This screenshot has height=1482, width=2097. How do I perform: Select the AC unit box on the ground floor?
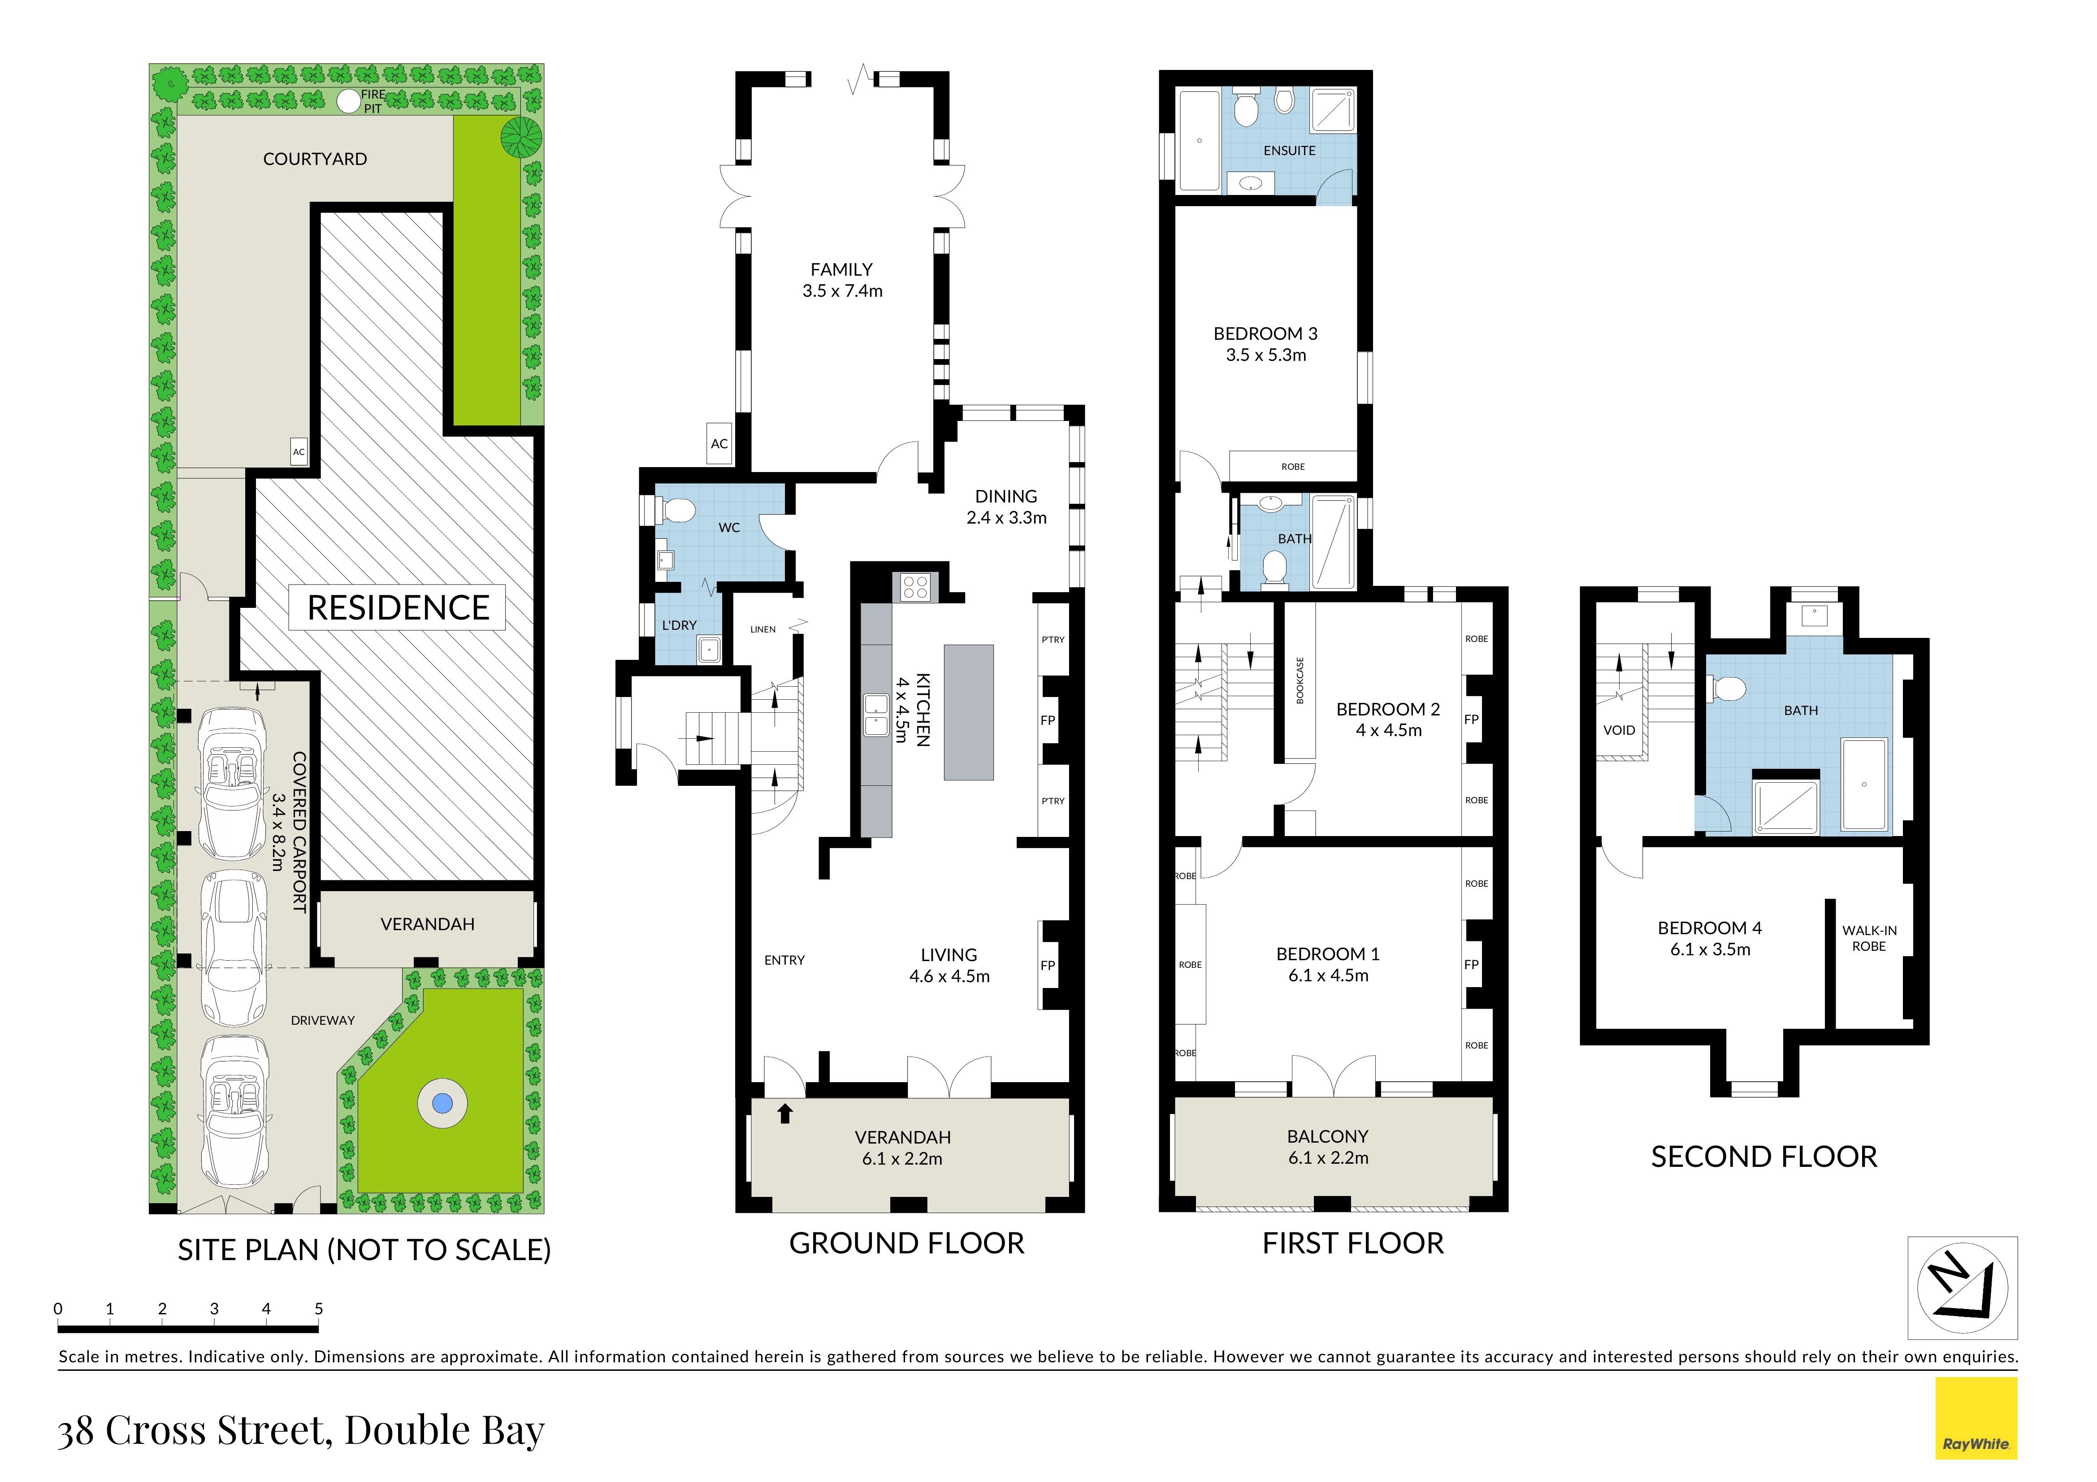(720, 444)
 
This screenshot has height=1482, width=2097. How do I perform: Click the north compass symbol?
(1962, 1287)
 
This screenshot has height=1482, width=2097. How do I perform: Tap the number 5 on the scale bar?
(319, 1309)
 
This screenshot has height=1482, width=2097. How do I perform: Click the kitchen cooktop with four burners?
(915, 587)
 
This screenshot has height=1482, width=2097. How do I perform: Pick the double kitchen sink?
(877, 715)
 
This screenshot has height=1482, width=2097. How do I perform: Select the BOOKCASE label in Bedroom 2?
(1300, 680)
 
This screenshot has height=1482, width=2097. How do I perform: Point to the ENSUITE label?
(1290, 151)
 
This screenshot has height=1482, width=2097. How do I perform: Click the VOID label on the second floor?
(1619, 731)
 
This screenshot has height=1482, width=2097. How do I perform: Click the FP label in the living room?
(1048, 965)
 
